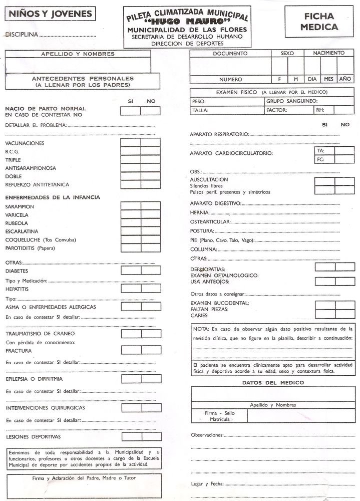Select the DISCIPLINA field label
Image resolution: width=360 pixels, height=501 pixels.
click(x=22, y=35)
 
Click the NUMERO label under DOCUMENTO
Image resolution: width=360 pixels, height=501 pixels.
click(x=230, y=79)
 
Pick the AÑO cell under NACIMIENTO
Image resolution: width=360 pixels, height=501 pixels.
click(x=345, y=79)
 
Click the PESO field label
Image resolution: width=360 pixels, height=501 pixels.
click(x=199, y=101)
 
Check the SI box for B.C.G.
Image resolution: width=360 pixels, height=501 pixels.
click(x=130, y=151)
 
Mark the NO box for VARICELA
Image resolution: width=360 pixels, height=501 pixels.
click(x=150, y=215)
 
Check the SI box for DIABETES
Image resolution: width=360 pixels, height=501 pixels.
click(x=130, y=271)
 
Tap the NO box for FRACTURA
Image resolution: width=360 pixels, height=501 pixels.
click(x=150, y=351)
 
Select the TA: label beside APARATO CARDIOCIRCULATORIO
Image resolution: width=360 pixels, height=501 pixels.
click(x=320, y=150)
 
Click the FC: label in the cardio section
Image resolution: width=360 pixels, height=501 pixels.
click(x=320, y=160)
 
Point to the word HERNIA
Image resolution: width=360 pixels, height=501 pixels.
click(x=199, y=212)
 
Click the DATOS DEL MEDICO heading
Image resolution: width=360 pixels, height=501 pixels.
click(x=272, y=383)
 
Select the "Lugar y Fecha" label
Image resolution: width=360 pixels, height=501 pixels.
click(x=207, y=484)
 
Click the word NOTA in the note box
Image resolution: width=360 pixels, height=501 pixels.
click(x=201, y=329)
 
